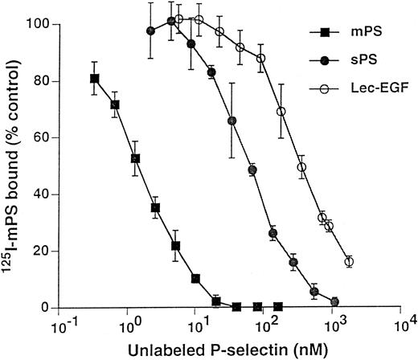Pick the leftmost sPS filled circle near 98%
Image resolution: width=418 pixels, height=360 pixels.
[151, 31]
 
